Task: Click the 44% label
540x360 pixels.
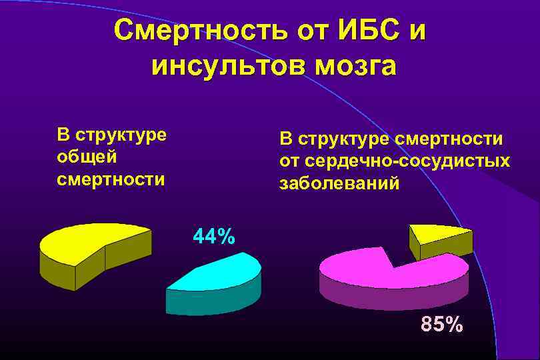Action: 213,237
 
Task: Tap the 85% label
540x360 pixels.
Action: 441,325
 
